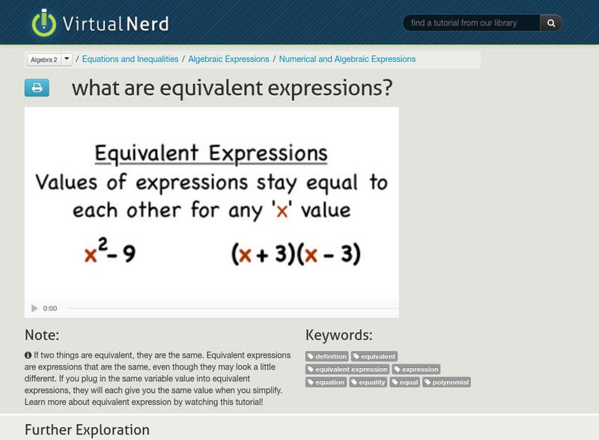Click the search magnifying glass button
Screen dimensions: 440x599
pyautogui.click(x=551, y=23)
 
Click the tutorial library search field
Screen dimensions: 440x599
pyautogui.click(x=472, y=23)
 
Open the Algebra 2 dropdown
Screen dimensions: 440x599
pyautogui.click(x=49, y=59)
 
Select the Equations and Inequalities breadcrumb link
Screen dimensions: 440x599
pyautogui.click(x=130, y=59)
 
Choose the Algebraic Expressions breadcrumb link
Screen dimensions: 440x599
pyautogui.click(x=228, y=59)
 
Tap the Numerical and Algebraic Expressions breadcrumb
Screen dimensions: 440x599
pyautogui.click(x=347, y=59)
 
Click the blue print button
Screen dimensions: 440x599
pyautogui.click(x=37, y=88)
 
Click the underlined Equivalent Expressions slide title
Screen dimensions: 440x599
pyautogui.click(x=211, y=154)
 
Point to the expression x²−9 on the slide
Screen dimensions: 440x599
pyautogui.click(x=110, y=255)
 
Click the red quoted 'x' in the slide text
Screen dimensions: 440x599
pyautogui.click(x=282, y=210)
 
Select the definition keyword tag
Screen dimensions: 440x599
pyautogui.click(x=327, y=357)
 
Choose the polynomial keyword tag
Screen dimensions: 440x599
pyautogui.click(x=447, y=382)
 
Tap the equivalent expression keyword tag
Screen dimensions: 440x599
pyautogui.click(x=348, y=370)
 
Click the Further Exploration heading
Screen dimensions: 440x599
pyautogui.click(x=87, y=430)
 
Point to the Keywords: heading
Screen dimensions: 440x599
pyautogui.click(x=338, y=335)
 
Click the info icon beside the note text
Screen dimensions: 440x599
pyautogui.click(x=28, y=355)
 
